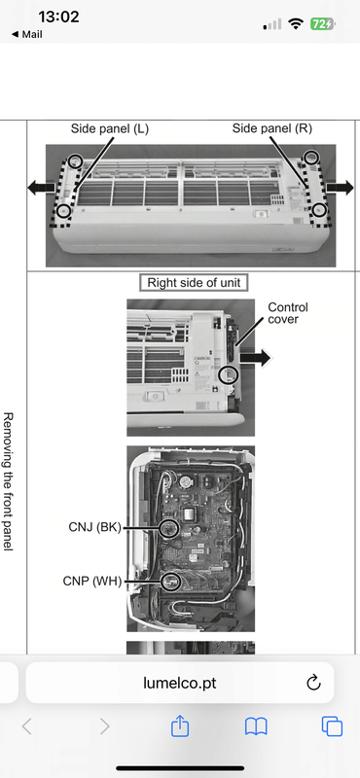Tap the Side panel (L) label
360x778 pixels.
coord(110,129)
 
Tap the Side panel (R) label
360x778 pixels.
coord(272,129)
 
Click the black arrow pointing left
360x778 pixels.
coord(41,188)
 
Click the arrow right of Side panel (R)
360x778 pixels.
coord(340,188)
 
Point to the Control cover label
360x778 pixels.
coord(287,313)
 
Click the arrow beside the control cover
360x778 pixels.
coord(255,357)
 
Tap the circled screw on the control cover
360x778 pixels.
coord(229,373)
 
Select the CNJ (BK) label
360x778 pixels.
coord(94,527)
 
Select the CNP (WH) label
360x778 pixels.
coord(92,581)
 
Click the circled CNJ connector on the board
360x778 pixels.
coord(169,528)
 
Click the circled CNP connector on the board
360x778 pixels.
coord(171,581)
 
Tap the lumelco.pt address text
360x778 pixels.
coord(180,684)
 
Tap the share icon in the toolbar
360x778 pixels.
coord(180,726)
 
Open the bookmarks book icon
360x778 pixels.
coord(256,726)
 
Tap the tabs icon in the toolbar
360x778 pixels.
coord(332,726)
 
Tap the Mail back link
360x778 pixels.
coord(26,34)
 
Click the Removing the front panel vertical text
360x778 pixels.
coord(9,480)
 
